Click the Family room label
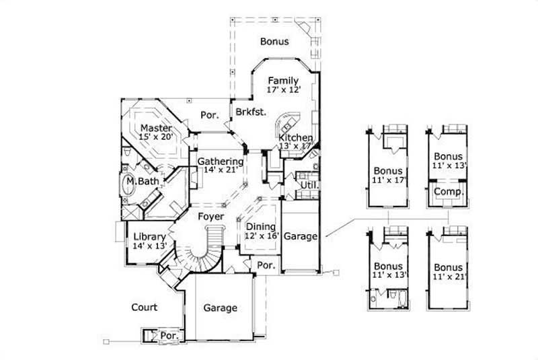pos(282,81)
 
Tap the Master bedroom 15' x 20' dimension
pos(156,137)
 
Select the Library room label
pos(150,236)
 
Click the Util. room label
pos(309,184)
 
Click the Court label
pos(145,308)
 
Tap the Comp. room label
pos(445,191)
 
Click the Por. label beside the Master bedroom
pos(210,116)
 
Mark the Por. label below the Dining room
pos(266,266)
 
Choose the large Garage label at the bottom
pos(220,308)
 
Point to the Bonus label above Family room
pos(274,42)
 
